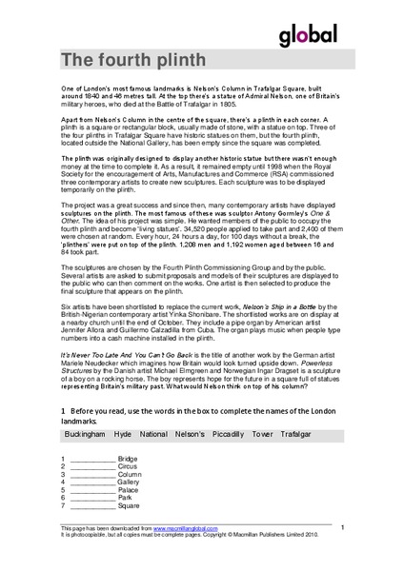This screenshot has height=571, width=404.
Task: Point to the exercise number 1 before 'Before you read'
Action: [62, 409]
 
